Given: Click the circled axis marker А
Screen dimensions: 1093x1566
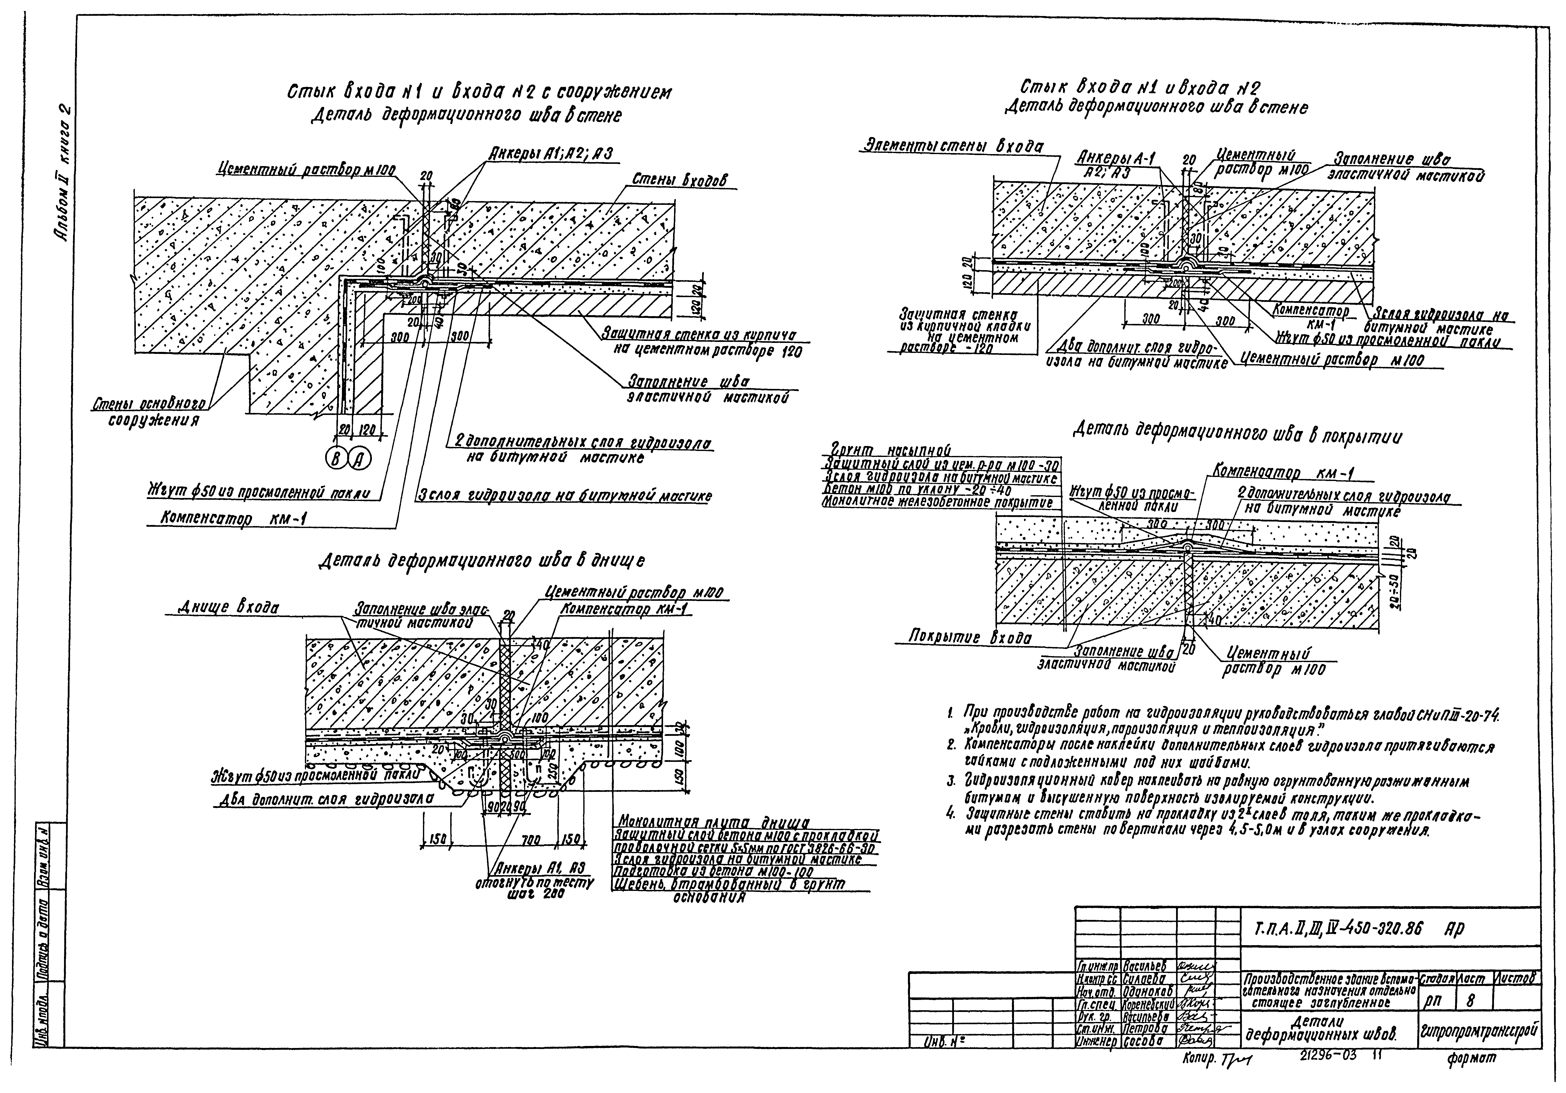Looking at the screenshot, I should pos(359,460).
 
